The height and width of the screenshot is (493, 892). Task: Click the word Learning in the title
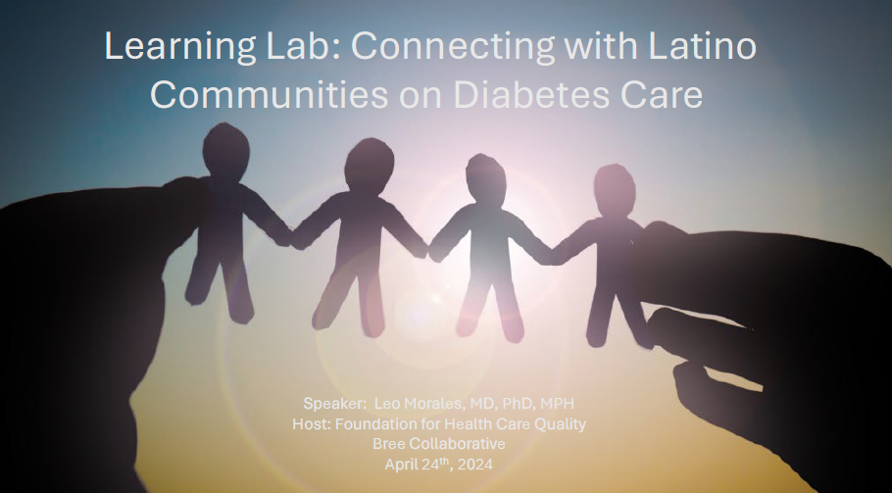coord(180,47)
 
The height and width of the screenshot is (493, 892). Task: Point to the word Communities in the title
coord(270,94)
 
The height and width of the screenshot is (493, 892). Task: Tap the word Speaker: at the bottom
coord(335,404)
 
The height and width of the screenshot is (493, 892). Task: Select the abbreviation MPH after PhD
coord(557,404)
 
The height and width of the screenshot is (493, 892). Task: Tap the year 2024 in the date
coord(475,465)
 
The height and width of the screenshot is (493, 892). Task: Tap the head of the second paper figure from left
coord(370,165)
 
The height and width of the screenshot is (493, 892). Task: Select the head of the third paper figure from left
coord(485,179)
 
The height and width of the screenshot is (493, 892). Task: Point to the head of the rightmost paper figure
coord(615,190)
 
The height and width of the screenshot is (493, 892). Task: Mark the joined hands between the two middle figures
coord(427,250)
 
